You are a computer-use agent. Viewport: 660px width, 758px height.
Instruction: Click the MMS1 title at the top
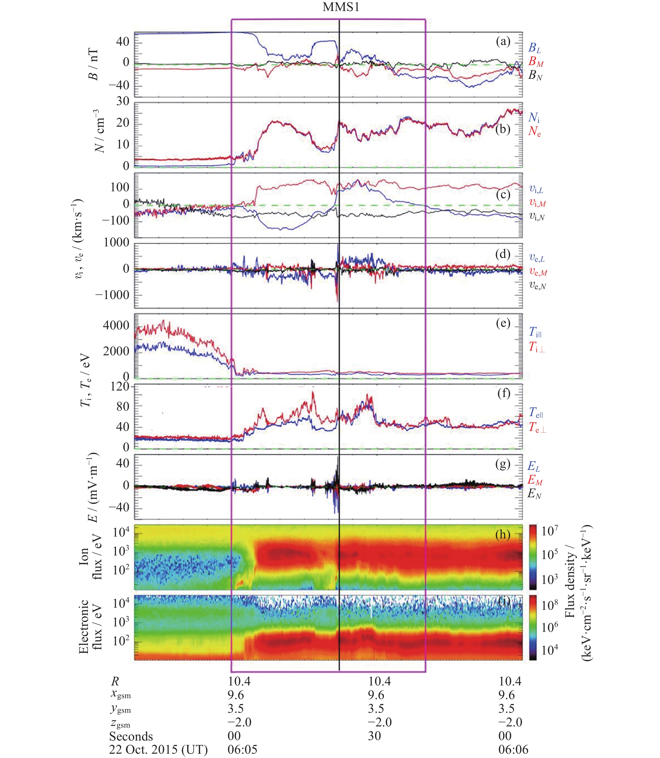(x=341, y=7)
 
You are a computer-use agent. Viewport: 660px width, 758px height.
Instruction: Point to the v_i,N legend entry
(x=537, y=216)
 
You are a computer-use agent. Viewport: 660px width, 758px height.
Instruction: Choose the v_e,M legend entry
(x=538, y=272)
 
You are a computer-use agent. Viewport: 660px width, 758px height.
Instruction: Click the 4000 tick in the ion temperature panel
(x=116, y=325)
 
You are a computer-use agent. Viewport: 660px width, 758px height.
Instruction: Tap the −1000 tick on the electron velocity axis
(x=112, y=295)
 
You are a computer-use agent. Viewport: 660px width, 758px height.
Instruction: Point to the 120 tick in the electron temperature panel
(x=120, y=387)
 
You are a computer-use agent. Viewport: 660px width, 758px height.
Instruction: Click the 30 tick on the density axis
(x=123, y=101)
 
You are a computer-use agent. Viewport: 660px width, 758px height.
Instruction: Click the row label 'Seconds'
(x=131, y=736)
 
